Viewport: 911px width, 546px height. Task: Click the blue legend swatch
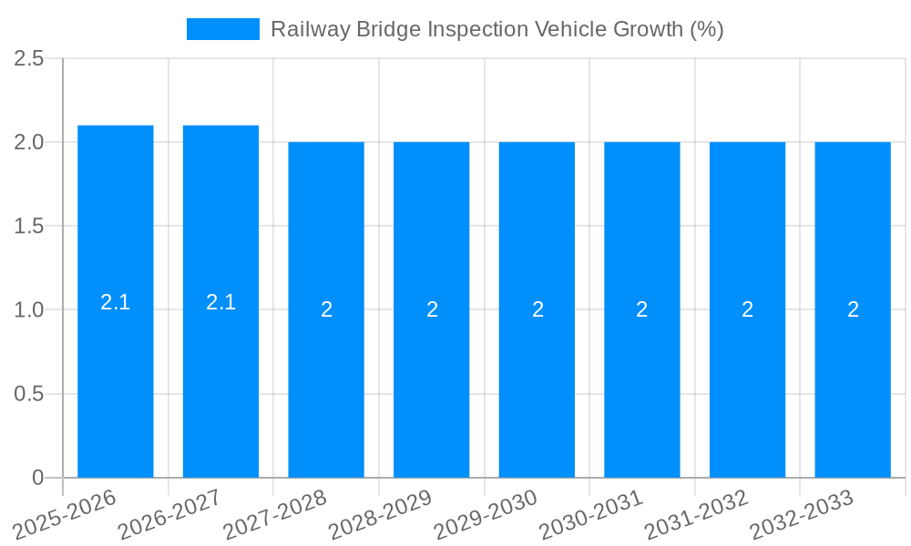click(x=223, y=29)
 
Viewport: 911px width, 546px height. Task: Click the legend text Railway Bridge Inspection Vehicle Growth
click(x=496, y=29)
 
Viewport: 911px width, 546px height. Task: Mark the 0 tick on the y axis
click(x=37, y=478)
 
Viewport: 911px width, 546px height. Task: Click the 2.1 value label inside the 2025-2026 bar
click(x=116, y=302)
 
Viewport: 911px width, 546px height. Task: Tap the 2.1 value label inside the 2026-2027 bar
click(x=220, y=302)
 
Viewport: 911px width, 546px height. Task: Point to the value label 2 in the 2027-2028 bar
click(x=326, y=309)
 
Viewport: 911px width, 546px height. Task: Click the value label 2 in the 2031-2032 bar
click(x=747, y=309)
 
